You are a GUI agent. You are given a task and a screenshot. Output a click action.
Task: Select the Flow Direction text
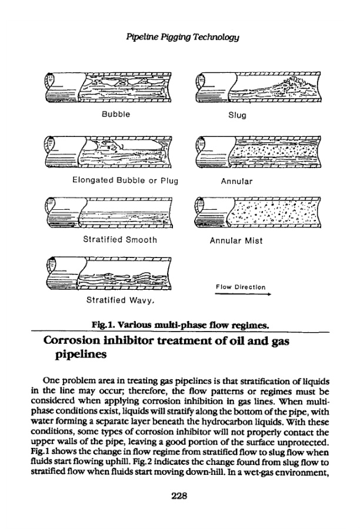241,287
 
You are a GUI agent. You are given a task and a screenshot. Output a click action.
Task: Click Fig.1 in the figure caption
104,323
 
